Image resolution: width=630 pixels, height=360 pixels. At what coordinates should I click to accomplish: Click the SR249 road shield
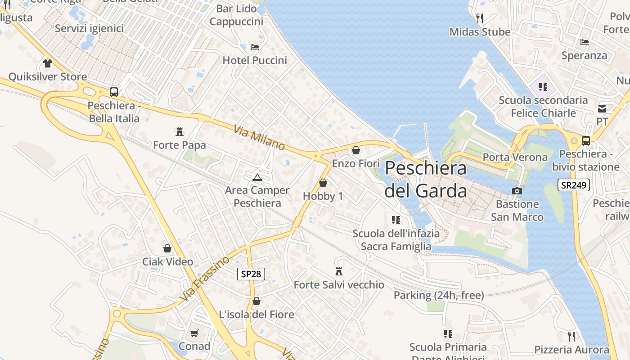point(573,185)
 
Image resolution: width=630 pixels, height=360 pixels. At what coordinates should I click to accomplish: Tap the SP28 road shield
point(251,274)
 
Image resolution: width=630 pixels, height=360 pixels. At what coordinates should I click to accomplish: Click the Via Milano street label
point(259,138)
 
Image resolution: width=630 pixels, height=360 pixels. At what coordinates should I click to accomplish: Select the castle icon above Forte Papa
point(180,132)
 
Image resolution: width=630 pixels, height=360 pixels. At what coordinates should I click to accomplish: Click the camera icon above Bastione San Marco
point(517,191)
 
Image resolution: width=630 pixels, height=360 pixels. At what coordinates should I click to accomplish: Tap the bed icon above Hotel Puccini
point(255,47)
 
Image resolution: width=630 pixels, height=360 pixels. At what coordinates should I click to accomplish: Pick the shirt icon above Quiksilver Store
point(47,63)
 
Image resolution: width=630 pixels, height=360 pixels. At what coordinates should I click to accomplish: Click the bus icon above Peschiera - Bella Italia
point(114,92)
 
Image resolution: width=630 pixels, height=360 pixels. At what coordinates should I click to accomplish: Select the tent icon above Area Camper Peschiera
point(257,177)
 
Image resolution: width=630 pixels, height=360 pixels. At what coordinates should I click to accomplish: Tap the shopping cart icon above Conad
point(194,333)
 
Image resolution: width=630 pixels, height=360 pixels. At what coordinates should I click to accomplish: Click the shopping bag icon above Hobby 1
point(323,183)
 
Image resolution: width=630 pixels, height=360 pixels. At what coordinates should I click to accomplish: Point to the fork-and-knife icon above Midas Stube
point(480,18)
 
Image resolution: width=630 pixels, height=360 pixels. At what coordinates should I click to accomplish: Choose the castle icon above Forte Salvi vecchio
point(339,271)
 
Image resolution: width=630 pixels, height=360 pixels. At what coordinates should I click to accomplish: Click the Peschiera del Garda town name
point(426,179)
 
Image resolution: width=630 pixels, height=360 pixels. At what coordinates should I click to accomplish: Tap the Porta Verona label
point(515,157)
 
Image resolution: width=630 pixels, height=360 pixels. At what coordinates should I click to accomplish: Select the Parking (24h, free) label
point(439,295)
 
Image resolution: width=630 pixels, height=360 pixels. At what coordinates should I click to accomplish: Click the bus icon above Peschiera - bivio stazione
point(585,141)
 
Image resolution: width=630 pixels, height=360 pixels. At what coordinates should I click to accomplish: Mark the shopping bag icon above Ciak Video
point(167,248)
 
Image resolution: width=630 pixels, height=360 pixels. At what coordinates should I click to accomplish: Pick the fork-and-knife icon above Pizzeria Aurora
point(571,336)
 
